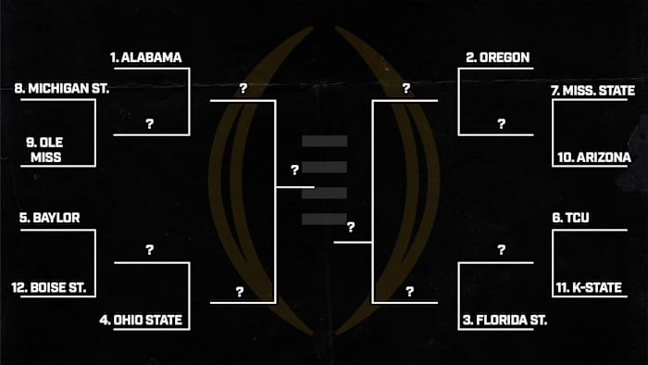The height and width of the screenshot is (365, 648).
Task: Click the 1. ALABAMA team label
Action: pos(145,57)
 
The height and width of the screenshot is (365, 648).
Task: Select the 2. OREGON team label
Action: pos(497,57)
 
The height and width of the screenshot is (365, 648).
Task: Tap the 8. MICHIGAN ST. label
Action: pos(62,89)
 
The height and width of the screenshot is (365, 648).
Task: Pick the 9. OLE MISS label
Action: pos(44,149)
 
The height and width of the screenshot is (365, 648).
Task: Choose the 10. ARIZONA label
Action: pos(593,158)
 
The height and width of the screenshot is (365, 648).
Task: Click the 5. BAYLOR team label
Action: pos(49,219)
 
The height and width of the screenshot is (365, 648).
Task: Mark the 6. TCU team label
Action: pos(571,219)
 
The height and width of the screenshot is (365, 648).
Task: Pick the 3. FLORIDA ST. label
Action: pos(505,321)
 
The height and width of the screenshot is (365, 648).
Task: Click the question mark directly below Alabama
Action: pos(149,123)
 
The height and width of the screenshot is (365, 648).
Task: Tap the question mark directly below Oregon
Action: pos(501,123)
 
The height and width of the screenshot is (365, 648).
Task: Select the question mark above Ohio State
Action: pos(149,250)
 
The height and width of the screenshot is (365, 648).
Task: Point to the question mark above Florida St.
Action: pos(501,250)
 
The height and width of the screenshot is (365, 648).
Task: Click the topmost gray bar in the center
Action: pos(325,141)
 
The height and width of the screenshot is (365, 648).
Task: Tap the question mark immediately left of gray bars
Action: pos(294,170)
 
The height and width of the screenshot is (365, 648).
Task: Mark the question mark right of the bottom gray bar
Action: pos(352,227)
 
